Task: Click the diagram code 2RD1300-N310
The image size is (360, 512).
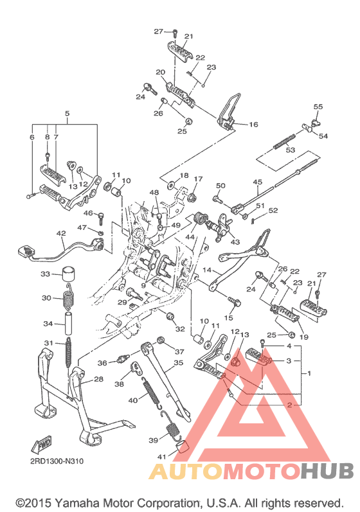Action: coord(57,461)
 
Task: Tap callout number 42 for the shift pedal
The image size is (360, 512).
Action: coord(61,233)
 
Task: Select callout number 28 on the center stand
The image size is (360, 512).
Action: coord(98,379)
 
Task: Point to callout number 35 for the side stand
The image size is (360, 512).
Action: coord(178,363)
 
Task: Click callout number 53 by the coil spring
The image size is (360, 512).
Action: coord(291,150)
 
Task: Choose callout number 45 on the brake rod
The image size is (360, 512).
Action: coord(257,182)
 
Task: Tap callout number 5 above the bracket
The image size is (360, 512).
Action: coord(67,114)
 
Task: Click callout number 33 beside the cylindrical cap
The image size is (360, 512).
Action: coord(46,274)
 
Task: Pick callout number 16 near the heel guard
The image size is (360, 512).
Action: coord(253,125)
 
